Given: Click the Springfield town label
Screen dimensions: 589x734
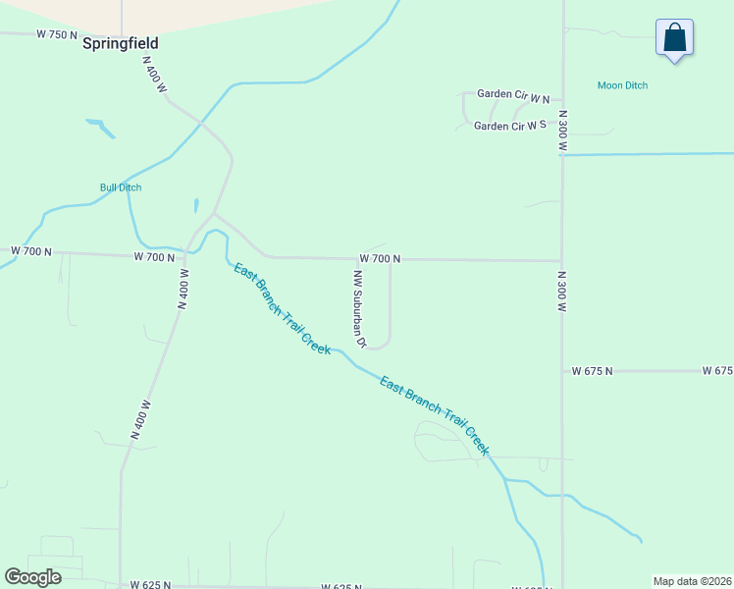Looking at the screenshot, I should pyautogui.click(x=121, y=44).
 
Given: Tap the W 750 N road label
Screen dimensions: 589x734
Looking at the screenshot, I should pyautogui.click(x=56, y=34).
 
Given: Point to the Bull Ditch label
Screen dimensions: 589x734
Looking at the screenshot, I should pyautogui.click(x=121, y=187).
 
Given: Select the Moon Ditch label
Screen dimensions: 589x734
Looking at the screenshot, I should pyautogui.click(x=622, y=85).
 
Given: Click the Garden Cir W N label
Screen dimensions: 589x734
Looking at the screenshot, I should pyautogui.click(x=513, y=94).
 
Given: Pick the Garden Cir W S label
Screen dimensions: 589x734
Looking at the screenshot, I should pyautogui.click(x=509, y=126).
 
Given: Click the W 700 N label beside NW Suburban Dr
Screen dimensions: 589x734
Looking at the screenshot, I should pyautogui.click(x=380, y=258).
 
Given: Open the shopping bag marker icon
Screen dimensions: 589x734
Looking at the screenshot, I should pyautogui.click(x=674, y=38).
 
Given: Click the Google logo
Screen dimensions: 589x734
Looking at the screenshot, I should pyautogui.click(x=32, y=577).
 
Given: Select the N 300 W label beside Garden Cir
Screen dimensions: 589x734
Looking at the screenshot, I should pyautogui.click(x=563, y=131).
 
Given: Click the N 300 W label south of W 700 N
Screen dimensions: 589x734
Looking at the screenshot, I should pyautogui.click(x=563, y=292).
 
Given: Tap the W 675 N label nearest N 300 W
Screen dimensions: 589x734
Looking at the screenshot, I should pyautogui.click(x=592, y=371).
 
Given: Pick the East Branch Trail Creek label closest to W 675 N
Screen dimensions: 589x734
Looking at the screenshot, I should pyautogui.click(x=434, y=416).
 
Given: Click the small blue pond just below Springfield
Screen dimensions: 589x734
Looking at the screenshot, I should pyautogui.click(x=100, y=127).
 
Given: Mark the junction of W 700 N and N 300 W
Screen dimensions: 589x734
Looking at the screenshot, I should pyautogui.click(x=561, y=261).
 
